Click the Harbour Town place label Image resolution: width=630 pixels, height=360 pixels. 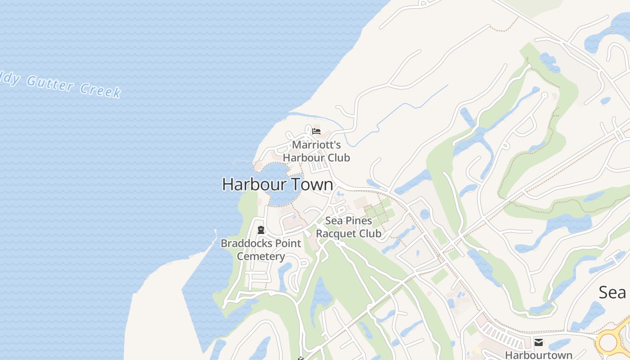point(278,184)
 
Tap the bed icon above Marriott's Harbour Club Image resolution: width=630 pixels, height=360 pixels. point(316,131)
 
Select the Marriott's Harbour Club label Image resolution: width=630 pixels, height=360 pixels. point(316,151)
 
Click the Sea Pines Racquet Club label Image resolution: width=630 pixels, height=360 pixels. point(349,227)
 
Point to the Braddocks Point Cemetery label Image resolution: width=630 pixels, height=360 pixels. point(261,250)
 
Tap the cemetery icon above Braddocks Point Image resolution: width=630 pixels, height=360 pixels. point(261,230)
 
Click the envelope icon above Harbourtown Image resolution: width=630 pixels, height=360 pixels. point(539,342)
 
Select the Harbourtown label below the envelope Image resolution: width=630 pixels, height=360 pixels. point(539,355)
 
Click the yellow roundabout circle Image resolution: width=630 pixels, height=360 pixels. point(608,342)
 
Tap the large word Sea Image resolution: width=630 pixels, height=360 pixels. point(612,292)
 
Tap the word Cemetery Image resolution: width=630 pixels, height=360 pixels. point(261,256)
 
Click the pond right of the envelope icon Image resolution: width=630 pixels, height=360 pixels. point(560,344)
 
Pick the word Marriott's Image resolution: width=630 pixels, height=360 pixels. point(316,145)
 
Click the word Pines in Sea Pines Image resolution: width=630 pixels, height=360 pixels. point(359,221)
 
